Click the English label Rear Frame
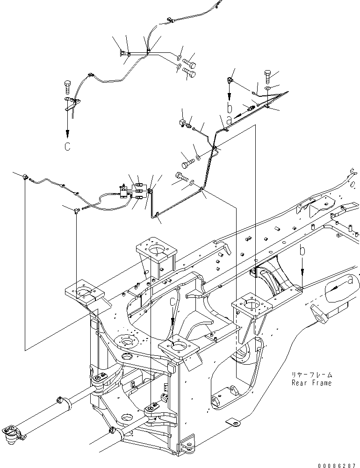[x=312, y=383]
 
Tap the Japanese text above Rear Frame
[x=312, y=375]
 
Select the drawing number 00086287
[x=337, y=465]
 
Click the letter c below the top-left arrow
[x=67, y=146]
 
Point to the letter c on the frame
[x=173, y=302]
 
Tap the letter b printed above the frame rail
[x=302, y=251]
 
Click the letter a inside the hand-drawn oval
[x=350, y=280]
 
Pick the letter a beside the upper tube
[x=229, y=121]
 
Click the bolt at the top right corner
[x=267, y=77]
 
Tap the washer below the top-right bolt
[x=268, y=88]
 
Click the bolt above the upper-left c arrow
[x=67, y=87]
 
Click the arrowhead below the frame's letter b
[x=302, y=272]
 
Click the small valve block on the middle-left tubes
[x=122, y=191]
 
